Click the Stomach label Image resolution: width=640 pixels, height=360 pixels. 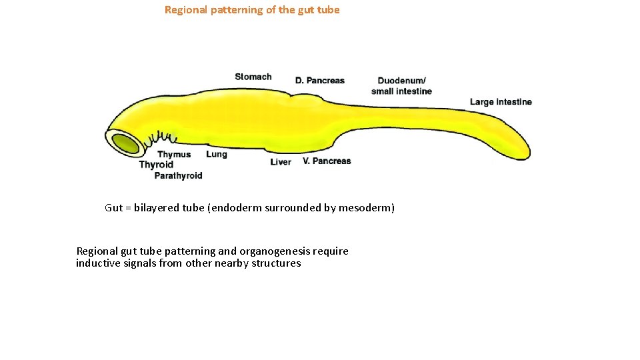click(253, 77)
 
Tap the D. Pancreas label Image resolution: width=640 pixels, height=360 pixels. click(320, 81)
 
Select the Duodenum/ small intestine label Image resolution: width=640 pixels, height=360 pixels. click(401, 86)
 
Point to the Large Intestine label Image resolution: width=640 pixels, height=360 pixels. click(501, 102)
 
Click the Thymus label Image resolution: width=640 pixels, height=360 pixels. click(174, 155)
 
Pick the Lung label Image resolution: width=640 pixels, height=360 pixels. click(217, 154)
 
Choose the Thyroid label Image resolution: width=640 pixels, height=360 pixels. click(156, 165)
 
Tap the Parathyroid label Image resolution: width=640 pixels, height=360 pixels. click(178, 176)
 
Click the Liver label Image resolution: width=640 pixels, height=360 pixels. click(281, 162)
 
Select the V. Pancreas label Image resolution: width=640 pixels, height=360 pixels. click(327, 161)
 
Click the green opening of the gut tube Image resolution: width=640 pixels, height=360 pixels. click(125, 143)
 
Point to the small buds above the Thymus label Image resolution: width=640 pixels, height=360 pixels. click(162, 138)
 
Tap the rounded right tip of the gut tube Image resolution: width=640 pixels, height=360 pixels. click(524, 152)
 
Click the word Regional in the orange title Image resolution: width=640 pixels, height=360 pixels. click(185, 10)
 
